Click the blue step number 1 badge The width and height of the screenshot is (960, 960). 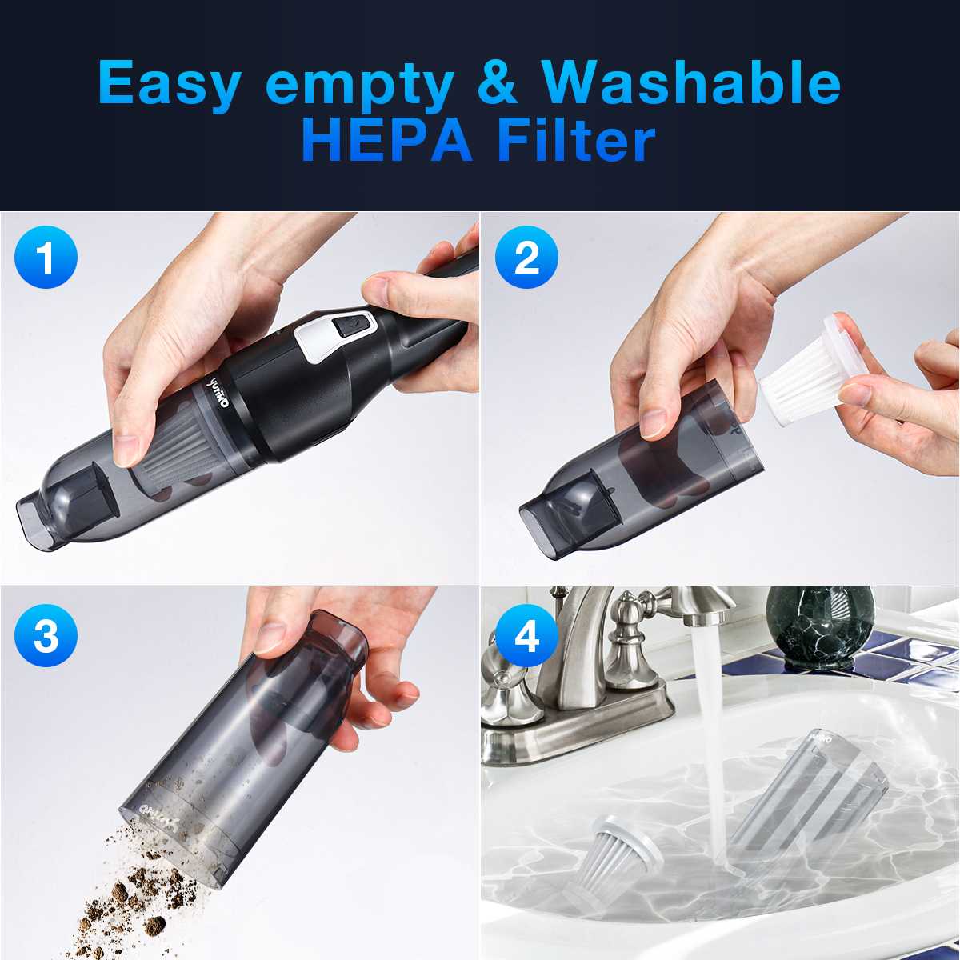pos(46,258)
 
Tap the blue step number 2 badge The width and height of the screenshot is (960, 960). pos(526,258)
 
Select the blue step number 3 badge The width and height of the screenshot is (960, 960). pos(46,637)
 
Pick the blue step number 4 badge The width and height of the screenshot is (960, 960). pos(526,637)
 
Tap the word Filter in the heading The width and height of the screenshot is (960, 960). pos(576,141)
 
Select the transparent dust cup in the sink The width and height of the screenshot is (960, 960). pos(808,800)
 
